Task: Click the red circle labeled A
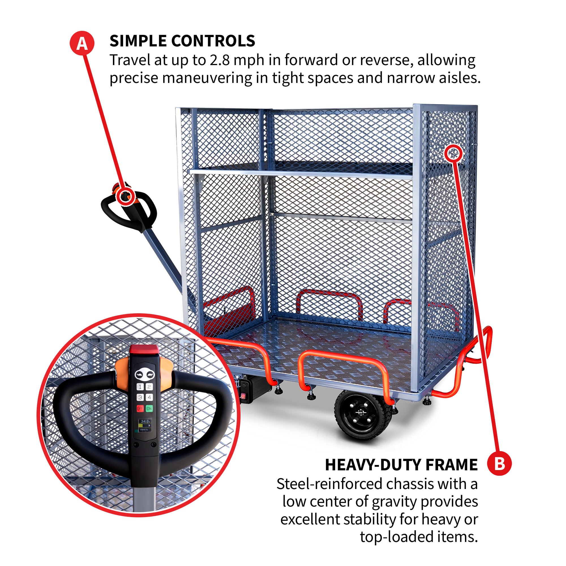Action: [82, 43]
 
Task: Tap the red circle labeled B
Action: [499, 464]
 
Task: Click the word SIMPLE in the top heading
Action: [138, 41]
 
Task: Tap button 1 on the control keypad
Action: [140, 387]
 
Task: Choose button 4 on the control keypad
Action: [149, 398]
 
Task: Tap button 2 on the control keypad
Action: [149, 387]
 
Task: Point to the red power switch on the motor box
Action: [243, 397]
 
